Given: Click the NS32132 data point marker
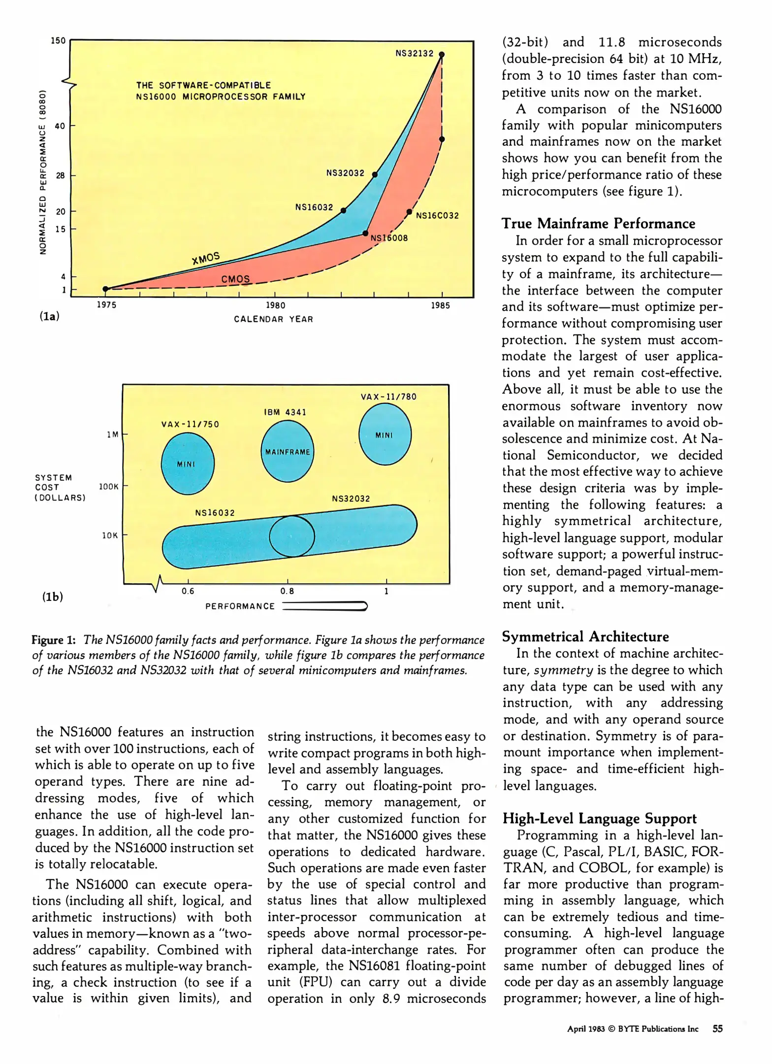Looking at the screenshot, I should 442,55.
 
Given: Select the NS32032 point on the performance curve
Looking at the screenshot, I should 375,174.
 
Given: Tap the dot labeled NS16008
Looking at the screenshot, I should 365,233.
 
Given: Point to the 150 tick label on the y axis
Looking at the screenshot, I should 58,40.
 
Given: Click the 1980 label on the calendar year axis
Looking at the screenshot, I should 275,305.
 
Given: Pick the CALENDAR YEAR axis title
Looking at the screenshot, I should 273,319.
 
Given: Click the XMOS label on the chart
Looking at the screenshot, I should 206,258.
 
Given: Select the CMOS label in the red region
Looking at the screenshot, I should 235,279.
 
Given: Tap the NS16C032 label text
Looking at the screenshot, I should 437,216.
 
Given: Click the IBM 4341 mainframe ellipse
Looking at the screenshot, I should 288,452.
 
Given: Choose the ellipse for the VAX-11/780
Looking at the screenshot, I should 385,434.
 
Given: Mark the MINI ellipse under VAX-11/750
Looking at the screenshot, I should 188,464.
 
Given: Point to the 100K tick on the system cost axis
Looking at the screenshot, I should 109,487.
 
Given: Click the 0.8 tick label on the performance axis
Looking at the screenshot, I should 287,591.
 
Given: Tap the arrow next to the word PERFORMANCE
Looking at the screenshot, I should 325,606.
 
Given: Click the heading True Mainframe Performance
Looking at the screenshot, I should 598,224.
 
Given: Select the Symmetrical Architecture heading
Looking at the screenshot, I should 585,636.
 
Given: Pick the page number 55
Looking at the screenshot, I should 718,1029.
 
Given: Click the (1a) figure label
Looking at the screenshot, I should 49,316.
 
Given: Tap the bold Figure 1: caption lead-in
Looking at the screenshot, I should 54,640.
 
